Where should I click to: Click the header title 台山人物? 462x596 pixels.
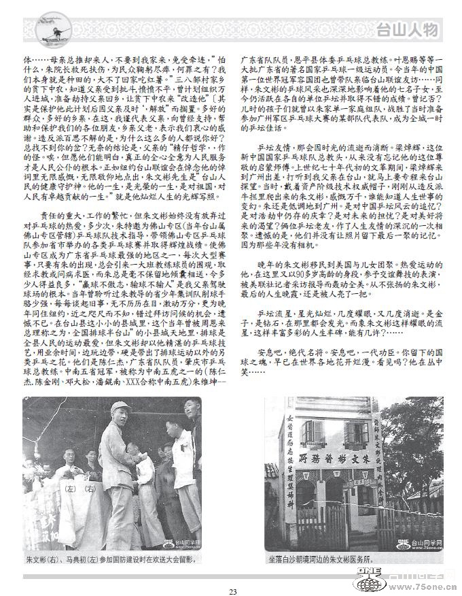coord(408,29)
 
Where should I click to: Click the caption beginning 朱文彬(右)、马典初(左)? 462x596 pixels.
coord(109,561)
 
